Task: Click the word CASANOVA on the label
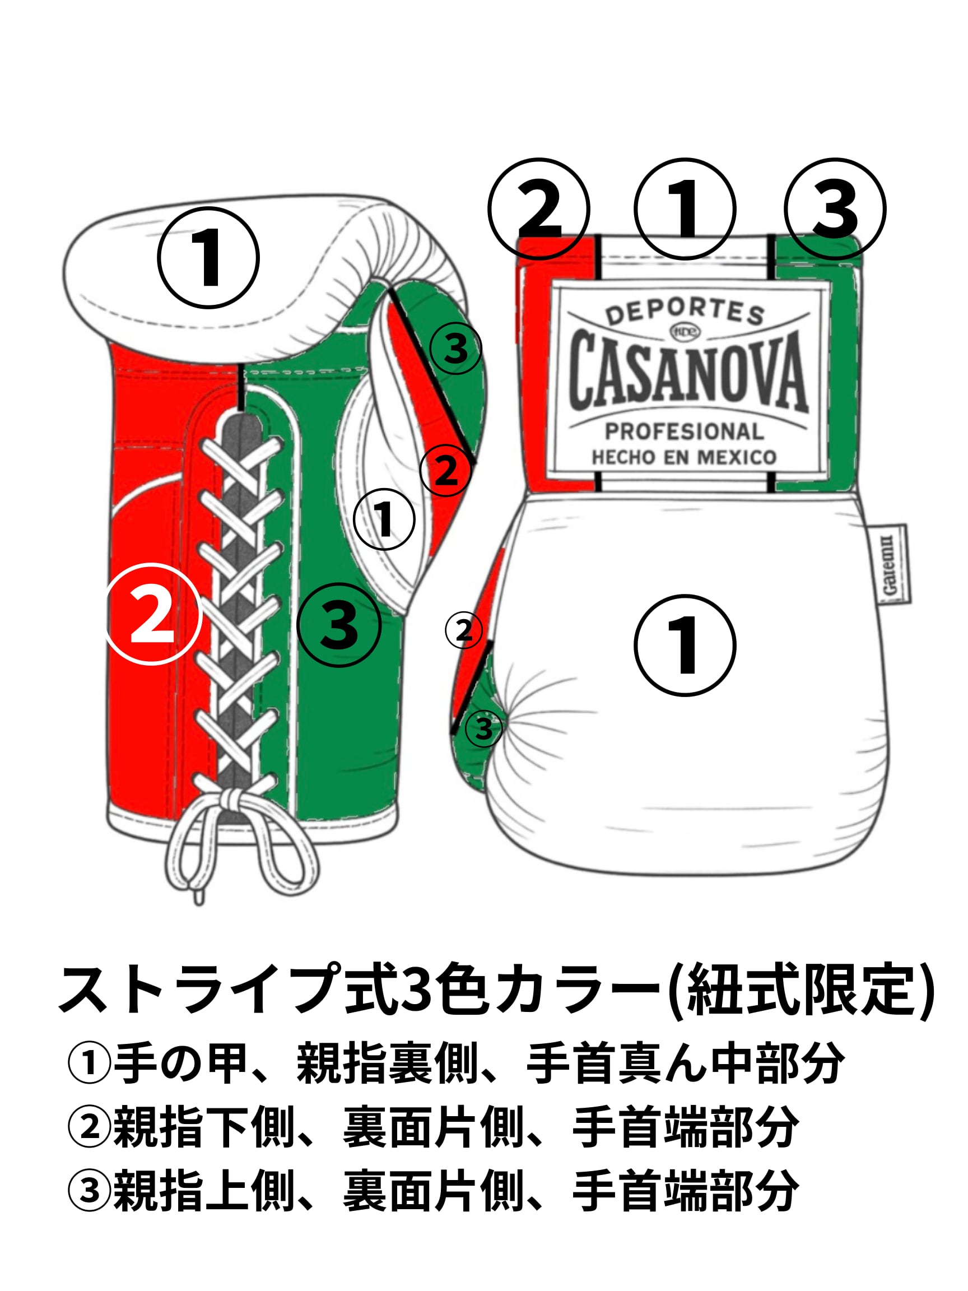point(687,369)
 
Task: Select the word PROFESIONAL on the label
point(684,431)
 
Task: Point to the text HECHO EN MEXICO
point(684,457)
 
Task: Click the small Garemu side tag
point(889,564)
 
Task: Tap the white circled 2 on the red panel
point(153,615)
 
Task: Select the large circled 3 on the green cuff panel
point(339,625)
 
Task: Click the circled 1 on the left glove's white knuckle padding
point(208,257)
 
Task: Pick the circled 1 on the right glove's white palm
point(685,645)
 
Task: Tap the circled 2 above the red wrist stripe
point(539,209)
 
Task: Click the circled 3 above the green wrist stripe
point(835,209)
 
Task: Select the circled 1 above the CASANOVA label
point(685,209)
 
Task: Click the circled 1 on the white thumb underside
point(384,519)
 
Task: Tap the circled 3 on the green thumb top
point(455,349)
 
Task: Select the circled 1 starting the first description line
point(89,1063)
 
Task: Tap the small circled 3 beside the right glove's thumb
point(483,728)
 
